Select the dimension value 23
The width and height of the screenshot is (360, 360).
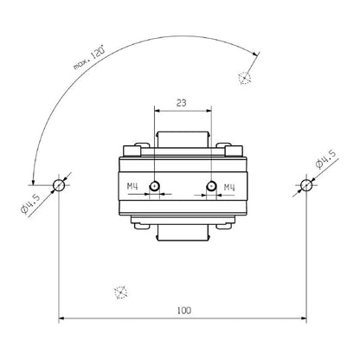click(x=182, y=101)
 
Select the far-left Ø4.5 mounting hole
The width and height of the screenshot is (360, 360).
click(x=59, y=184)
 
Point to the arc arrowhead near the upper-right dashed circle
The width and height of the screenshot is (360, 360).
click(x=256, y=53)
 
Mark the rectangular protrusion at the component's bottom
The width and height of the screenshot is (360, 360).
click(x=182, y=235)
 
